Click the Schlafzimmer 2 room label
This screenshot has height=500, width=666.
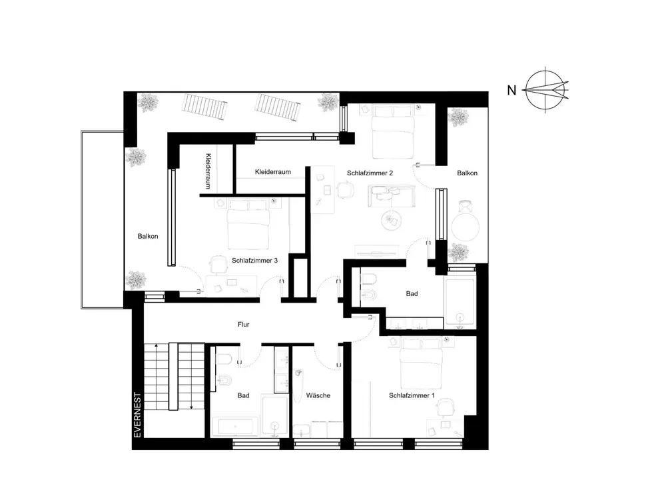370,173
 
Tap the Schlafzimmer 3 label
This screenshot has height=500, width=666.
254,260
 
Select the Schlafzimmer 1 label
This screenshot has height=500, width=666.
412,395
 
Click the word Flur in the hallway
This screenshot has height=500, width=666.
243,325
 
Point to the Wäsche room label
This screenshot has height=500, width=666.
318,395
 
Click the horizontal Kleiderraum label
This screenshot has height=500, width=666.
272,172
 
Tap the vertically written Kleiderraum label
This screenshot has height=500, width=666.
208,171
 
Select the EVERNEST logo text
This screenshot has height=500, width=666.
138,415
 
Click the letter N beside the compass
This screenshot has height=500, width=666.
511,90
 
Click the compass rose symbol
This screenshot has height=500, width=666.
546,90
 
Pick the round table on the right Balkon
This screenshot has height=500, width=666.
465,227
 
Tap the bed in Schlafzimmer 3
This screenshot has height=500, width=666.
248,225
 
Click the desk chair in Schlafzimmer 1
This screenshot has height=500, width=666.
446,408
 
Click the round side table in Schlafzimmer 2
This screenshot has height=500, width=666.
391,220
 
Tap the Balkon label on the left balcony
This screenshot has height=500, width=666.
148,237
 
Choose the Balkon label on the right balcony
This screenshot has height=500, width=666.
468,173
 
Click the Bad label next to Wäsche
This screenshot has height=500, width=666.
243,395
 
